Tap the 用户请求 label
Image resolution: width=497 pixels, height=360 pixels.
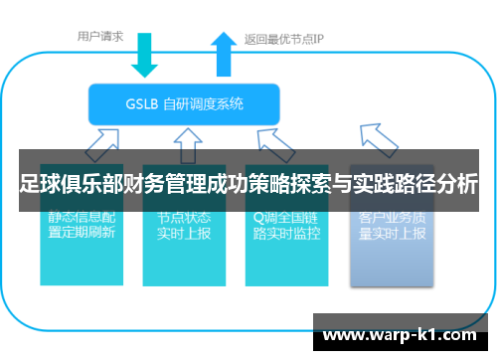100,37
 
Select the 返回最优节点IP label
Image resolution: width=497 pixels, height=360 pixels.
284,40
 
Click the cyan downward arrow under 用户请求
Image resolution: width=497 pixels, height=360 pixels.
146,57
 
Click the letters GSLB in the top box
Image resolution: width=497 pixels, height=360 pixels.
142,102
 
